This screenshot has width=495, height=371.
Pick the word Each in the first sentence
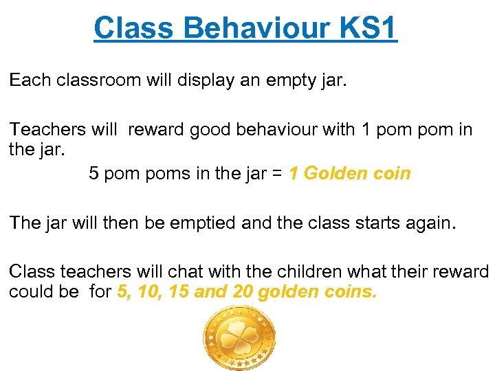click(x=30, y=80)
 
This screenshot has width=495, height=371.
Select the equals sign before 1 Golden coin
click(x=275, y=174)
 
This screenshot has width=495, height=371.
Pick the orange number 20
click(x=243, y=291)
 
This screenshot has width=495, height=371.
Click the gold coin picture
click(x=240, y=338)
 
